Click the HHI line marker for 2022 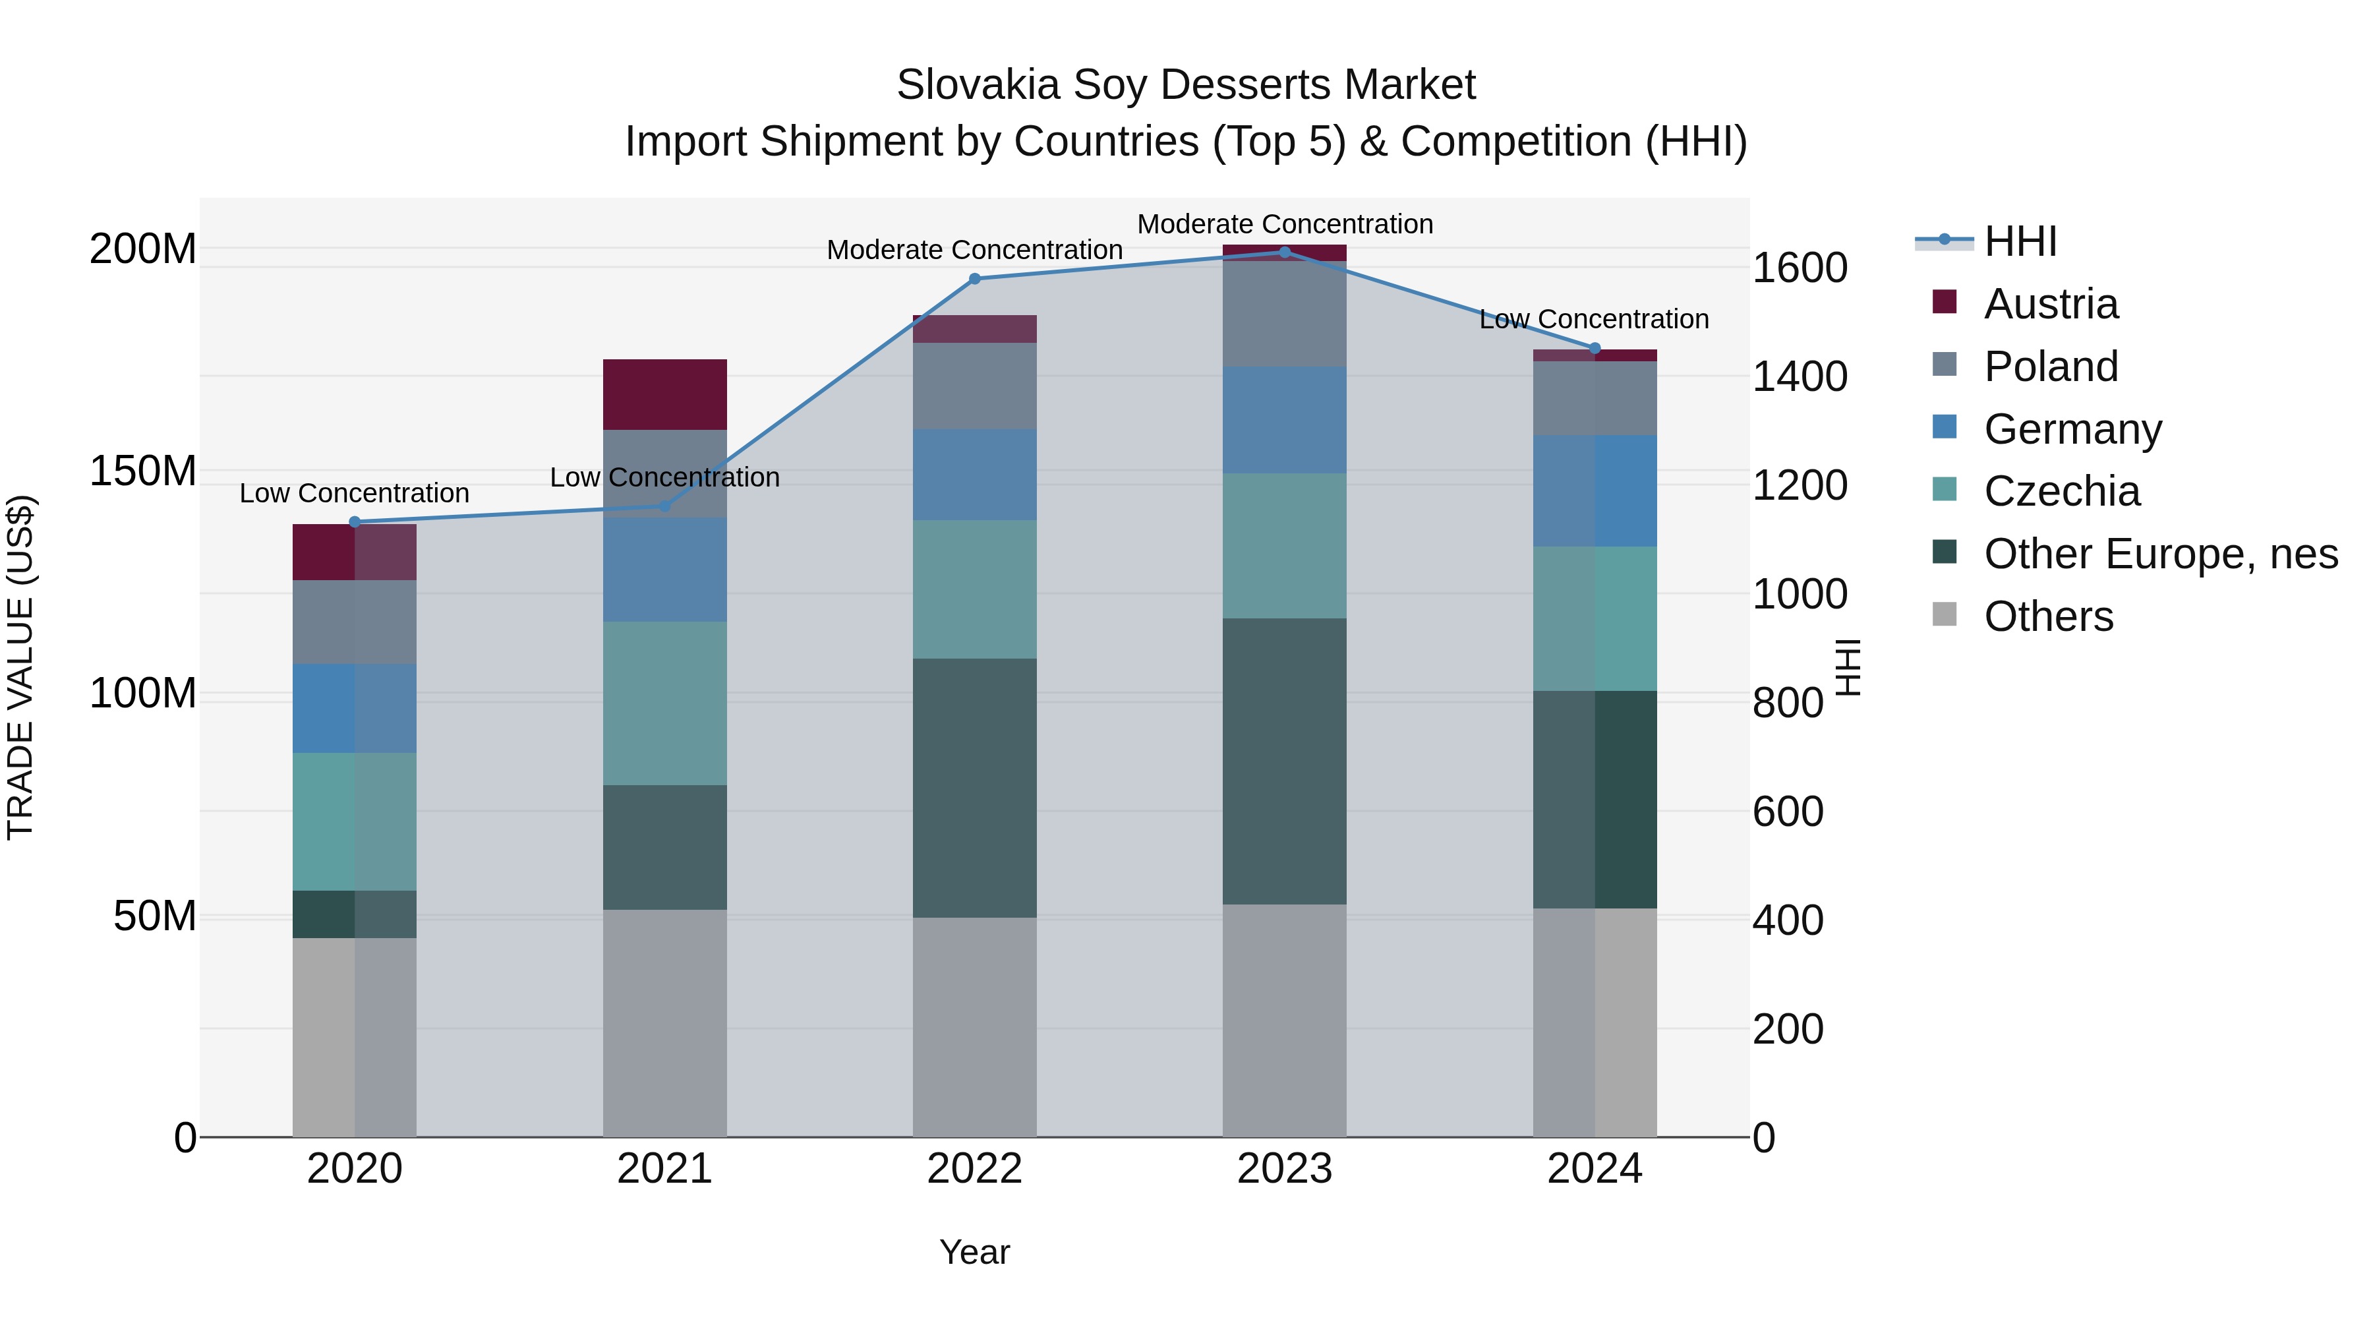pyautogui.click(x=975, y=278)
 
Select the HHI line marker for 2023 pyautogui.click(x=1285, y=252)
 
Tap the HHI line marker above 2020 pyautogui.click(x=355, y=521)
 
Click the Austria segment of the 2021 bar pyautogui.click(x=664, y=394)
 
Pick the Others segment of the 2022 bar pyautogui.click(x=975, y=1026)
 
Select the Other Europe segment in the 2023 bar pyautogui.click(x=1285, y=761)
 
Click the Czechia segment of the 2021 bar pyautogui.click(x=664, y=703)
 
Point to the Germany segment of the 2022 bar pyautogui.click(x=975, y=475)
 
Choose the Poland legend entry pyautogui.click(x=2051, y=367)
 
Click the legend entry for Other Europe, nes pyautogui.click(x=2160, y=554)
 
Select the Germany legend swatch pyautogui.click(x=1945, y=427)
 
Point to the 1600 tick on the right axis pyautogui.click(x=1799, y=268)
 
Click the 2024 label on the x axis pyautogui.click(x=1595, y=1168)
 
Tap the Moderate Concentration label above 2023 pyautogui.click(x=1285, y=224)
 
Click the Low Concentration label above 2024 pyautogui.click(x=1594, y=319)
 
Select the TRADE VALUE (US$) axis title pyautogui.click(x=20, y=667)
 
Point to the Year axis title pyautogui.click(x=975, y=1252)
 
